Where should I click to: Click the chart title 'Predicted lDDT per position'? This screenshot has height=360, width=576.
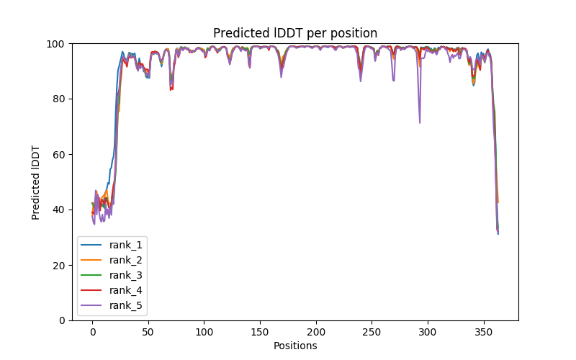tap(294, 33)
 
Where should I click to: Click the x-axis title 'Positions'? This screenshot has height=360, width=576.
tap(294, 346)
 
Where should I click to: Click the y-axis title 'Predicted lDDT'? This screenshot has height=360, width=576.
tap(36, 181)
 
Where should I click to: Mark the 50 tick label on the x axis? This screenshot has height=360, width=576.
tap(148, 332)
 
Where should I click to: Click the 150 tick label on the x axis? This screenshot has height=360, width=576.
tap(260, 332)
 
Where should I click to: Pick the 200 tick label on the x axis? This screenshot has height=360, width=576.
tap(316, 332)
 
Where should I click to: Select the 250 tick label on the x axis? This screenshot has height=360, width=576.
tap(372, 332)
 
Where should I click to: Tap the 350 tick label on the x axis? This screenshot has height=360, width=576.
tap(484, 332)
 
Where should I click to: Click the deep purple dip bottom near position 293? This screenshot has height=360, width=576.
tap(420, 122)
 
